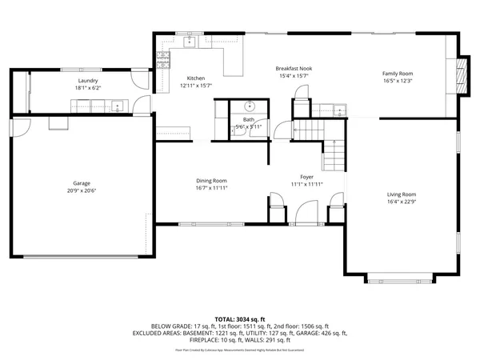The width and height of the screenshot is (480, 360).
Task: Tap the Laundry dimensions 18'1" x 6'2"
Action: (x=89, y=89)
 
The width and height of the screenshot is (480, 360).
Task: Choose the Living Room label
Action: (x=402, y=194)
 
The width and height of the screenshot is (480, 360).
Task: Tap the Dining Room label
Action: (x=212, y=181)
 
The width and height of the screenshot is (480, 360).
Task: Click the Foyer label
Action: (x=307, y=177)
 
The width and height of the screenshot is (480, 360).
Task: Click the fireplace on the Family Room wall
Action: (x=459, y=75)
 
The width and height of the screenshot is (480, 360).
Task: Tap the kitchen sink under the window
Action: (x=190, y=41)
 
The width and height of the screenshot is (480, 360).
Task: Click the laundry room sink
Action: (x=117, y=105)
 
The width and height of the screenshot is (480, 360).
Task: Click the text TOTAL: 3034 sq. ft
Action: (x=240, y=318)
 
